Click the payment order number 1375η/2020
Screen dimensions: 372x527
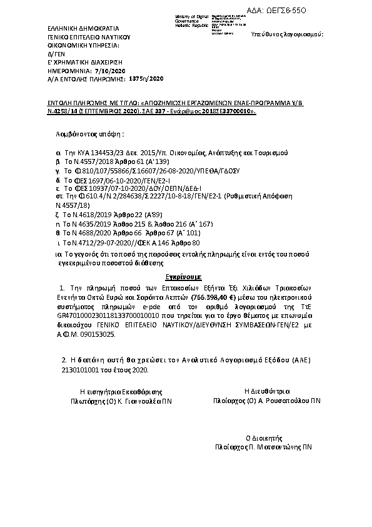point(145,79)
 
